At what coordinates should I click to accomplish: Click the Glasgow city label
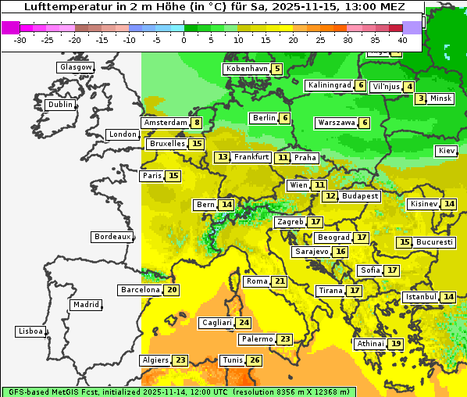(75, 67)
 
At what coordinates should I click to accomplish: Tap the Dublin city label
(60, 105)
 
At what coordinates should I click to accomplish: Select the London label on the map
(123, 134)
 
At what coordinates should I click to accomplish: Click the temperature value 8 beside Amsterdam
(198, 123)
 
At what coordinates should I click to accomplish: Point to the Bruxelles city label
(167, 144)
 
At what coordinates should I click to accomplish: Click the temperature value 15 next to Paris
(173, 176)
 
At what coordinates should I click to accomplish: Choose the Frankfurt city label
(251, 157)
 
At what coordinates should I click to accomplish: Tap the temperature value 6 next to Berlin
(285, 118)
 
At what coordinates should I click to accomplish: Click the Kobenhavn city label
(246, 69)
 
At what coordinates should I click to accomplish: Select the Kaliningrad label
(329, 85)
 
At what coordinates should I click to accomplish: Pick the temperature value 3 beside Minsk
(421, 98)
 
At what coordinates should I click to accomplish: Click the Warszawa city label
(336, 123)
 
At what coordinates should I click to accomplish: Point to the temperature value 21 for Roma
(280, 281)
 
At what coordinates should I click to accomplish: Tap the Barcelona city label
(140, 290)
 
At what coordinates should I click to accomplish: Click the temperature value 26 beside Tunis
(255, 360)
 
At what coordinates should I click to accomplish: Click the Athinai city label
(370, 344)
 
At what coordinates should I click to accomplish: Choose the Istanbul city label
(421, 297)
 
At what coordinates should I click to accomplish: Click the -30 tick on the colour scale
(20, 39)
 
